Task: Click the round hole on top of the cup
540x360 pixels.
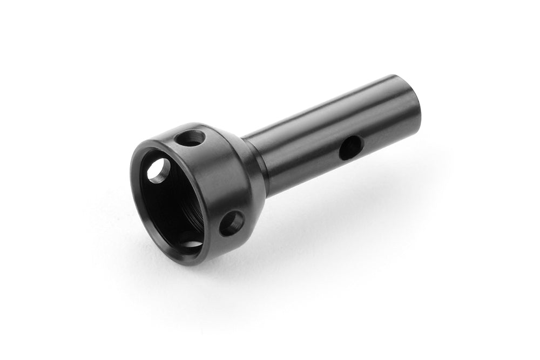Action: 191,138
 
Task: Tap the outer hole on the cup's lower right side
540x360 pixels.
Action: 232,223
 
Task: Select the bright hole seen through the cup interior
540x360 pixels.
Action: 158,171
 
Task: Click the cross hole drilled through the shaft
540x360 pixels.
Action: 350,147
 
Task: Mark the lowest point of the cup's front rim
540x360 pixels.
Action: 184,263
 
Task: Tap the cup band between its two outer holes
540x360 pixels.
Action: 216,178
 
